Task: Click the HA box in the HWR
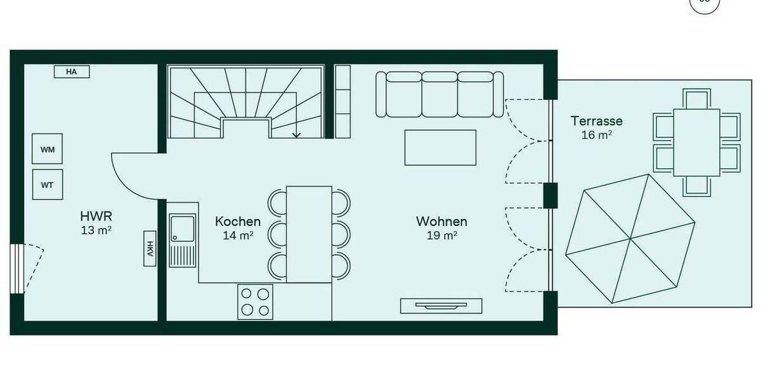click(x=71, y=72)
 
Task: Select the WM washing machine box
click(x=48, y=149)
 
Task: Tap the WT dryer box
click(x=48, y=185)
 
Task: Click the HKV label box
click(x=150, y=249)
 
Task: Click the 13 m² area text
click(x=96, y=230)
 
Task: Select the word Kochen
click(x=238, y=222)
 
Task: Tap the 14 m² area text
click(x=238, y=236)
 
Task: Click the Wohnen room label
click(x=441, y=222)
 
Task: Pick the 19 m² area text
click(x=442, y=236)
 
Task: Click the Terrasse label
click(x=596, y=121)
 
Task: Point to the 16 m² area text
click(x=596, y=135)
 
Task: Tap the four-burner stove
click(x=256, y=301)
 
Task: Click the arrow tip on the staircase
click(x=296, y=136)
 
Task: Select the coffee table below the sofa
click(x=440, y=148)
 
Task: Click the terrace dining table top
click(x=696, y=142)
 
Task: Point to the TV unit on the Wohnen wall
click(x=441, y=306)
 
